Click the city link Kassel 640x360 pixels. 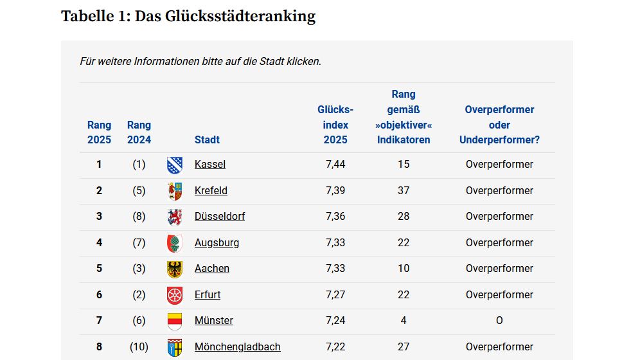[210, 165]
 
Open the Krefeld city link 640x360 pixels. [211, 191]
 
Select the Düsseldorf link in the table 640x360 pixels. [220, 217]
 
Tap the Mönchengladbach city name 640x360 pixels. [237, 347]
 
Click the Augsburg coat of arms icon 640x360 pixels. [175, 243]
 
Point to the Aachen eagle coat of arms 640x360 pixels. [175, 269]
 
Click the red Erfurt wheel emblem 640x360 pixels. [175, 295]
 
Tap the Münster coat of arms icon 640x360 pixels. [175, 321]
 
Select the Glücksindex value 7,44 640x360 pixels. [335, 165]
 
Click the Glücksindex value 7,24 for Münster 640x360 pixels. [335, 321]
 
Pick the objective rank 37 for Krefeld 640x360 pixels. [404, 191]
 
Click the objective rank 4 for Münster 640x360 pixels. [404, 321]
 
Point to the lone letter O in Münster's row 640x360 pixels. [499, 321]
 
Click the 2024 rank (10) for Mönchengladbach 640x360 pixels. [139, 347]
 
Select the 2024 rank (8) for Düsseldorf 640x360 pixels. [139, 217]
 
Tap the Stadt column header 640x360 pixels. [207, 139]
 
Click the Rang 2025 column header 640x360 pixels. [99, 132]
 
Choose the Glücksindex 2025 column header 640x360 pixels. [335, 125]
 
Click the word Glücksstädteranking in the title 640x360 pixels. [240, 16]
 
